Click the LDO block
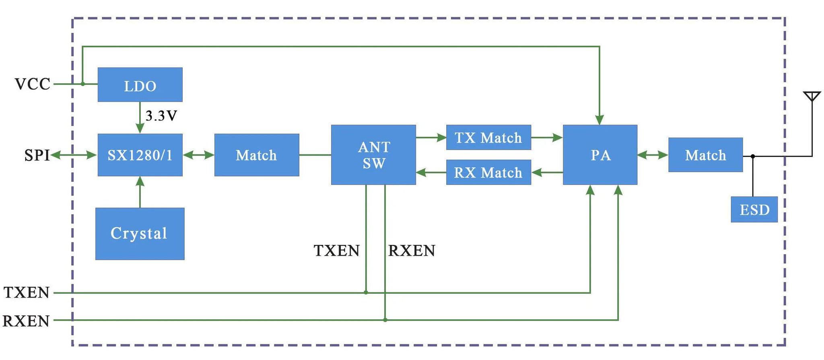[140, 85]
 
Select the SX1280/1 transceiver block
[140, 155]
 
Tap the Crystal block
[140, 234]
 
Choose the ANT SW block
[373, 155]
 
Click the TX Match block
[488, 138]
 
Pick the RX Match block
[488, 173]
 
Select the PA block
[600, 155]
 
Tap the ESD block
[754, 210]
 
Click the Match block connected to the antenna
[705, 155]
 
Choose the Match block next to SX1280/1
[257, 155]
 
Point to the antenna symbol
[812, 97]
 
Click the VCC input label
[33, 84]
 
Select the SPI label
[37, 155]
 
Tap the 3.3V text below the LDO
[161, 116]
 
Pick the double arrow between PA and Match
[653, 155]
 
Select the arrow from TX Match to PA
[547, 138]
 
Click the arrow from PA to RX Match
[547, 173]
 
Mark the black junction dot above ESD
[753, 156]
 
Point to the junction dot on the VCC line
[82, 84]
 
